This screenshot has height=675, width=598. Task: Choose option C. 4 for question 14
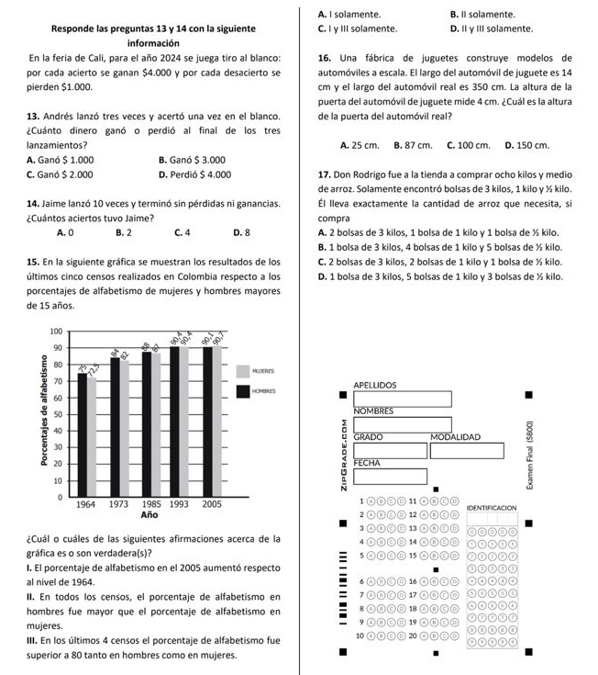coord(181,232)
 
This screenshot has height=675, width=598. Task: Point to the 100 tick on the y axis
coord(55,331)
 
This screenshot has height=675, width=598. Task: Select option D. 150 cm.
coord(527,145)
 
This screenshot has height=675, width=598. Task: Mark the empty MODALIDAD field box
coord(468,450)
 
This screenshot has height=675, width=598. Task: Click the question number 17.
coord(323,174)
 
